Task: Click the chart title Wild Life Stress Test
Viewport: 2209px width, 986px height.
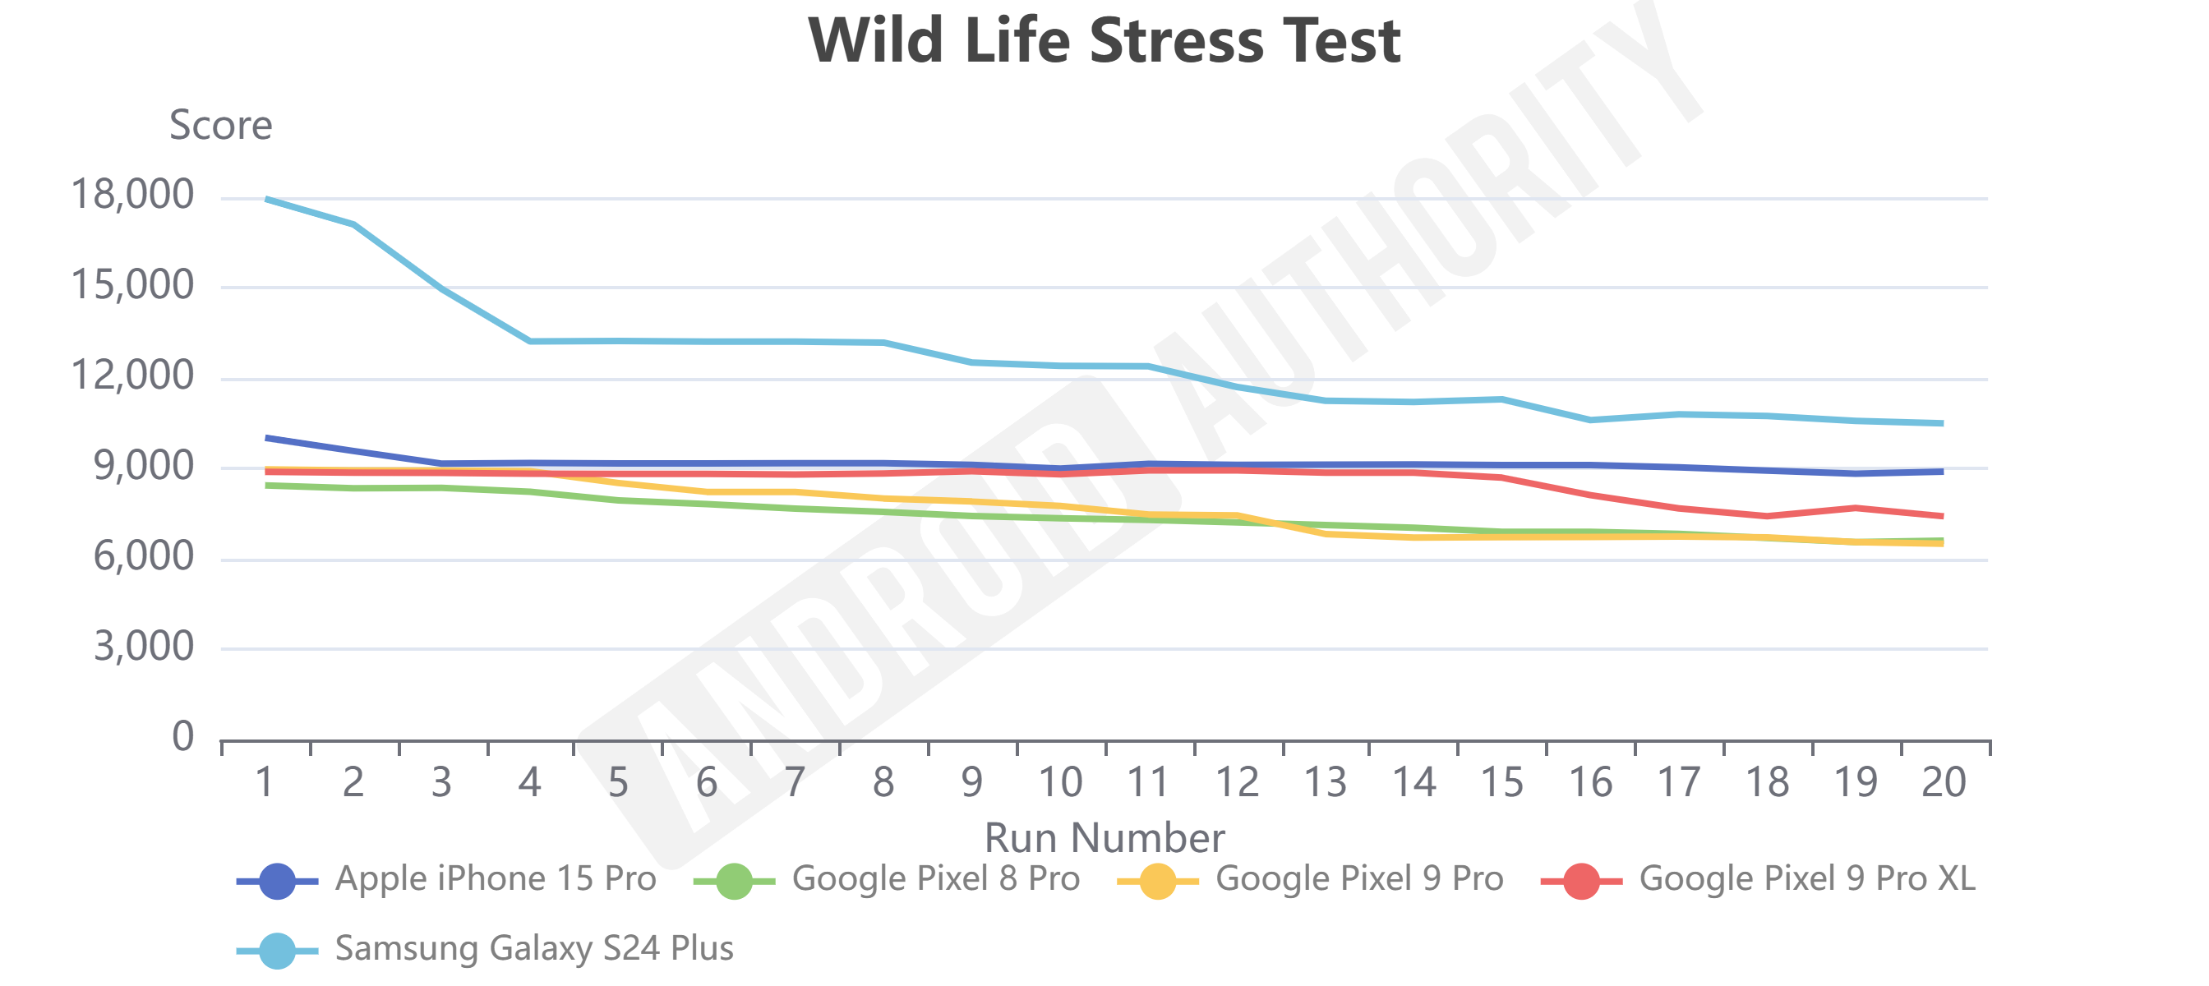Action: tap(1104, 41)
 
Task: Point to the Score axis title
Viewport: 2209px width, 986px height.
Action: tap(220, 125)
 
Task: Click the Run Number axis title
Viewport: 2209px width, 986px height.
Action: tap(1104, 836)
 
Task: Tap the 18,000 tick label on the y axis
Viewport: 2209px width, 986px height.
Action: tap(132, 195)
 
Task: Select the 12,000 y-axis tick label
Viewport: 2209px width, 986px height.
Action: tap(132, 376)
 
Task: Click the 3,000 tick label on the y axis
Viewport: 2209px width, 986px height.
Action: tap(143, 647)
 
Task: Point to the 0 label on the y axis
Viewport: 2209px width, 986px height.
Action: tap(182, 736)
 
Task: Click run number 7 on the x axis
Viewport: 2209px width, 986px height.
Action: tap(795, 782)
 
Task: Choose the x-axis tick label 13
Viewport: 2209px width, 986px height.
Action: tap(1325, 782)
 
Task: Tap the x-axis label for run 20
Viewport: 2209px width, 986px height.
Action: tap(1944, 782)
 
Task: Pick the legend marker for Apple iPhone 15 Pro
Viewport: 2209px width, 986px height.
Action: tap(277, 881)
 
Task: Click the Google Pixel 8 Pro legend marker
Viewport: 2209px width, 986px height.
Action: tap(734, 881)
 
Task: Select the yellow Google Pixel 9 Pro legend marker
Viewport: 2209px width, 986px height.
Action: tap(1158, 881)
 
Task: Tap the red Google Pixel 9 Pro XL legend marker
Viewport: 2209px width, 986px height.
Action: tap(1581, 881)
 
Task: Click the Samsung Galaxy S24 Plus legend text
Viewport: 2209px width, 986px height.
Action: tap(533, 948)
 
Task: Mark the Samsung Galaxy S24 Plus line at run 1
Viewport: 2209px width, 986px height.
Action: tap(267, 199)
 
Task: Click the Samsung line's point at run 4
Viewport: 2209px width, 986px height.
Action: tap(530, 341)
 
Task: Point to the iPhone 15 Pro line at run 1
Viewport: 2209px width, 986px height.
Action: tap(267, 438)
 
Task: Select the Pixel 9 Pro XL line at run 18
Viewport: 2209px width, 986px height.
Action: tap(1767, 516)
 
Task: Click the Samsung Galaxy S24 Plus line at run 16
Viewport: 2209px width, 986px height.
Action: tap(1590, 420)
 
